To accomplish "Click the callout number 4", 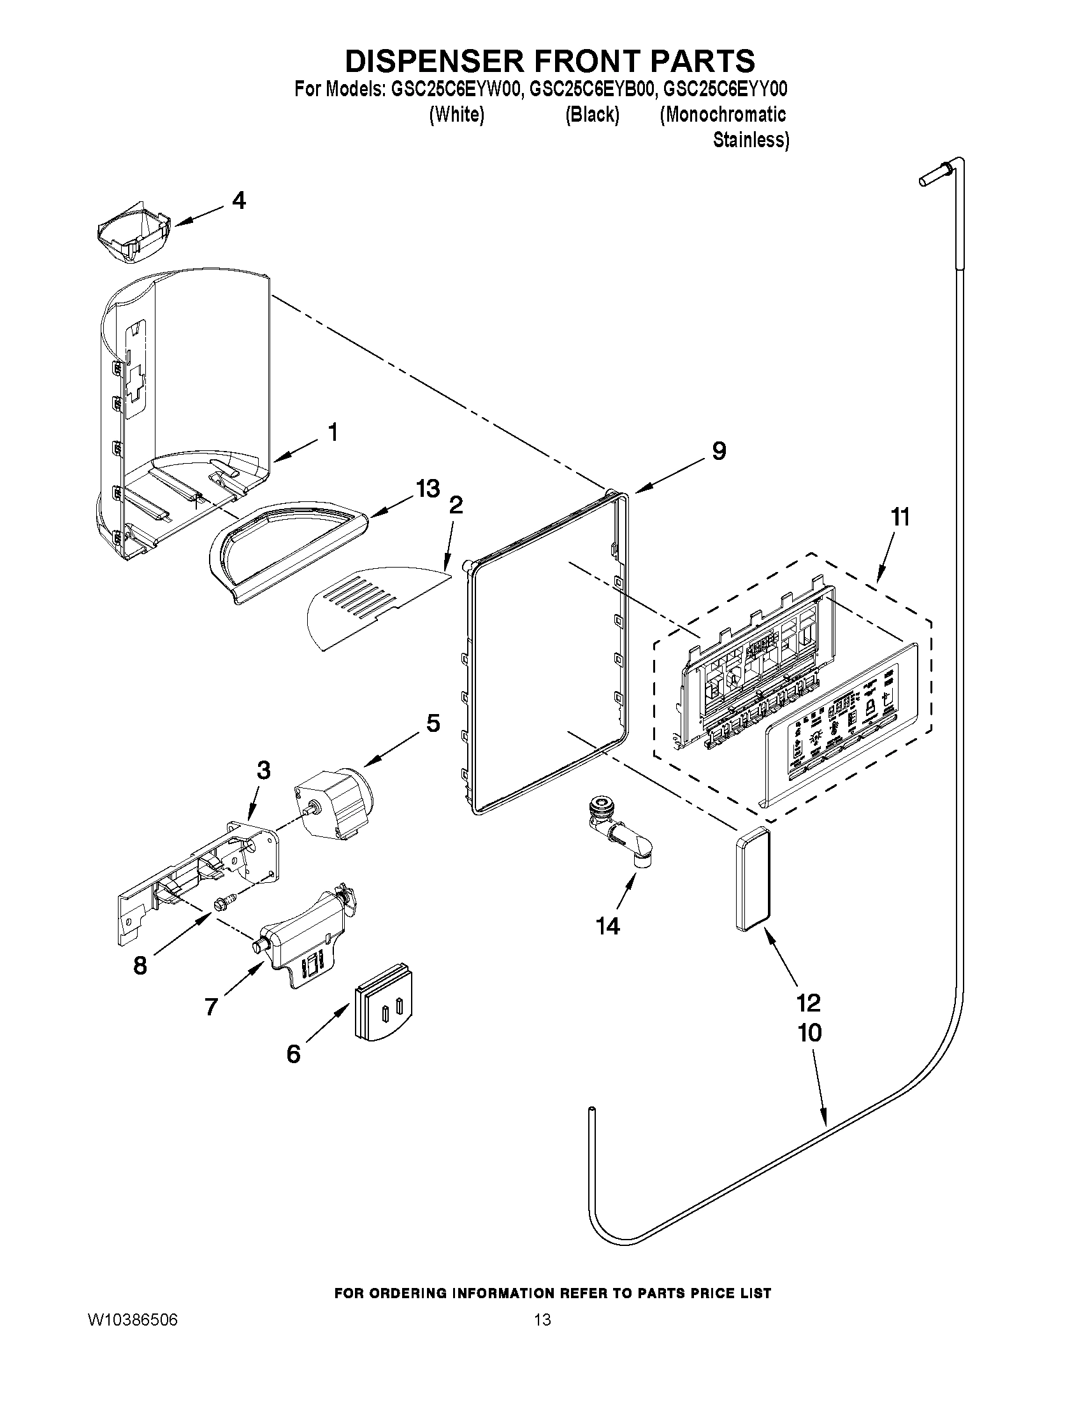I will (238, 201).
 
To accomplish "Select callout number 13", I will (428, 489).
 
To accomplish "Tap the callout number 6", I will (294, 1054).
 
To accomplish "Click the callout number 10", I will (810, 1033).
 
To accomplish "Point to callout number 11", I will (900, 517).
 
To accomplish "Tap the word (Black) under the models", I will (591, 115).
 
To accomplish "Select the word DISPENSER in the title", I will (435, 61).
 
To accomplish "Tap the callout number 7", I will (212, 1006).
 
